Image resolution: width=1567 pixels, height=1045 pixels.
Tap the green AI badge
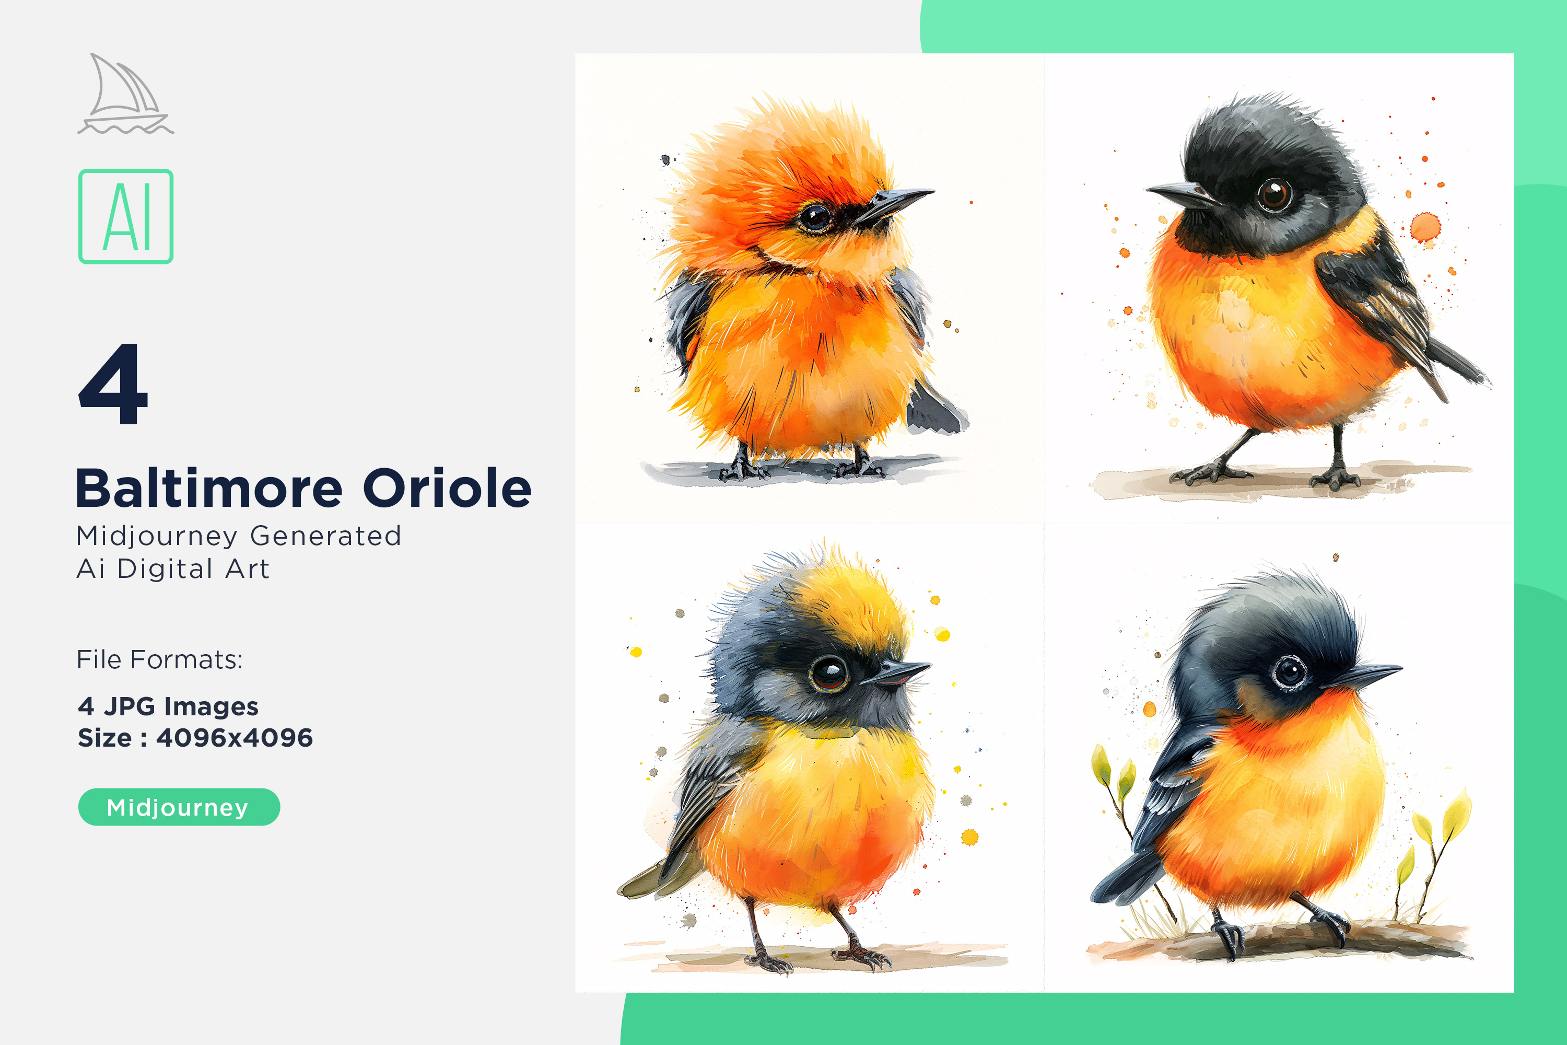click(126, 217)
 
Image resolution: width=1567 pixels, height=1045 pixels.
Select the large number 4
click(113, 384)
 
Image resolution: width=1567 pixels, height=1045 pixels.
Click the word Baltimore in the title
click(209, 489)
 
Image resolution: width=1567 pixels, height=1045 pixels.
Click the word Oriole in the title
click(447, 489)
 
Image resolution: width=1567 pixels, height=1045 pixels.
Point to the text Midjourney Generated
click(239, 537)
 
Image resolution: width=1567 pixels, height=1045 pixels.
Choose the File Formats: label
click(160, 660)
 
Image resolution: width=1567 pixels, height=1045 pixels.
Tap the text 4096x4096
click(235, 738)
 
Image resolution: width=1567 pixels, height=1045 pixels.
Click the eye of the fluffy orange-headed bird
click(815, 217)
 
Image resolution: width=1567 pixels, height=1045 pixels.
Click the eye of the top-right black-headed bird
click(1274, 194)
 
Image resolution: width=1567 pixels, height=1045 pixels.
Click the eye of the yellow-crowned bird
click(828, 673)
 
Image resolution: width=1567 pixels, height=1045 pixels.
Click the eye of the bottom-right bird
click(1291, 672)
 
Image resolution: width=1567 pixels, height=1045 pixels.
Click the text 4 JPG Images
click(168, 706)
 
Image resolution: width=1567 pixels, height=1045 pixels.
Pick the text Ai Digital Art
click(173, 569)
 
